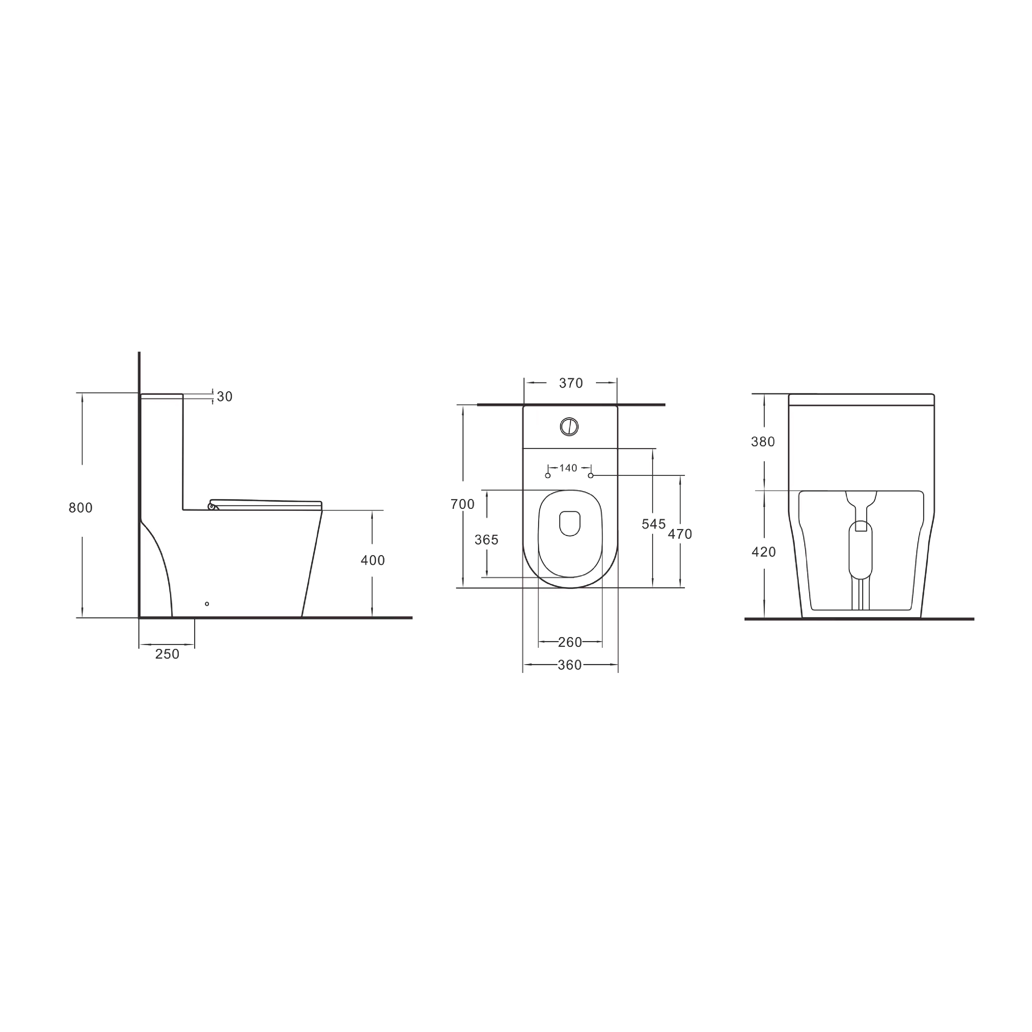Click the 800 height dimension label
point(81,508)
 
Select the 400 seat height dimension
point(373,560)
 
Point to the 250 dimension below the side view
point(167,654)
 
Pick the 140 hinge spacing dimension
point(568,468)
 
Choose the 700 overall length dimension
point(462,504)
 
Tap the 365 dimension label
point(487,540)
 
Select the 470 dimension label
point(680,534)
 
